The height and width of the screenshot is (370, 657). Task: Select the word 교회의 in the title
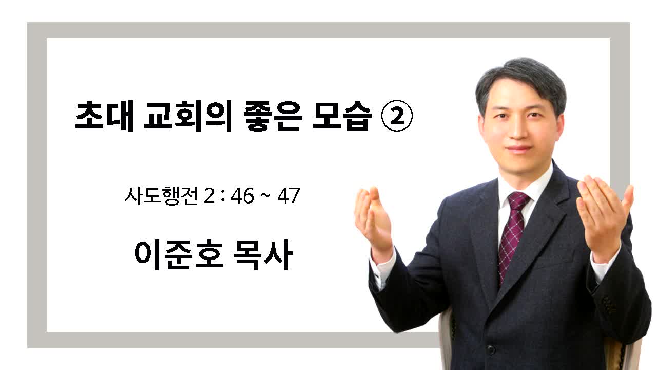188,116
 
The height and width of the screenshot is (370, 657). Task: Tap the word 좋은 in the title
273,116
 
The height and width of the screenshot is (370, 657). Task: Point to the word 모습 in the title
342,116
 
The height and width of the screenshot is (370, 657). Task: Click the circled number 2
397,116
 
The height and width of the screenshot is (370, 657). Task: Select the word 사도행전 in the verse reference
161,195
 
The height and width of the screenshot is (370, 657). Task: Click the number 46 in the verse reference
242,196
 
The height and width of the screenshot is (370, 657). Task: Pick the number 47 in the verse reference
288,196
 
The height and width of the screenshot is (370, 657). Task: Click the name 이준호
179,254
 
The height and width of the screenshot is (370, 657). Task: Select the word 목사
263,254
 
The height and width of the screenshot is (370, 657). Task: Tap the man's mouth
519,149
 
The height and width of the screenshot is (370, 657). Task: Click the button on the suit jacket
491,349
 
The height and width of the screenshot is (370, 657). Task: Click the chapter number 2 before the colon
209,196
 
